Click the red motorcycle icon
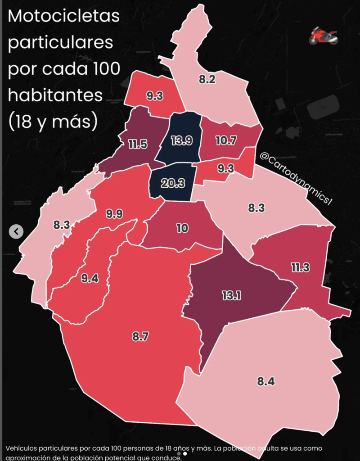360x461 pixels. (323, 36)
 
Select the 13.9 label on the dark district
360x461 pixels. (182, 140)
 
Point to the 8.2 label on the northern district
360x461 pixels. (207, 80)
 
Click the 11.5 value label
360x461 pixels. (138, 145)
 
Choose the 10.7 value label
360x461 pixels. (226, 140)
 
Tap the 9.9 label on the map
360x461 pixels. (114, 214)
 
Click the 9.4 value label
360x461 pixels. (90, 278)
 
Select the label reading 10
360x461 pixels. (182, 228)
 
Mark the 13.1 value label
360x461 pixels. (231, 295)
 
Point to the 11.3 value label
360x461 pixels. (300, 267)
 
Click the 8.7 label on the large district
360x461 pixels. (140, 336)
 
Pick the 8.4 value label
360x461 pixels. (266, 382)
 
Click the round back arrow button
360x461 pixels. (17, 231)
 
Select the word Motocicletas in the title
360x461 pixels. (64, 17)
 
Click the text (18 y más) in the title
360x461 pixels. (52, 121)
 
